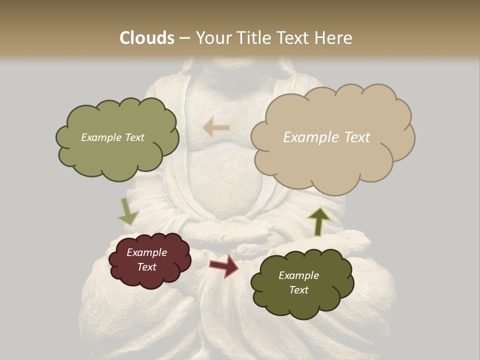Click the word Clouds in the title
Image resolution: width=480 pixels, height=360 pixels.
pyautogui.click(x=147, y=38)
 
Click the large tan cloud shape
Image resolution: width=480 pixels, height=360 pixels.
pyautogui.click(x=332, y=137)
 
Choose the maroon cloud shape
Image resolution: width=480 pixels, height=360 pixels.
pyautogui.click(x=149, y=260)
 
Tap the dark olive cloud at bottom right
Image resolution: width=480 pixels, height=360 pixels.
pyautogui.click(x=302, y=283)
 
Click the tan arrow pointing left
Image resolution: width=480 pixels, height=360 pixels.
pyautogui.click(x=216, y=127)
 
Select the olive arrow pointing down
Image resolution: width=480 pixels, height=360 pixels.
pyautogui.click(x=128, y=210)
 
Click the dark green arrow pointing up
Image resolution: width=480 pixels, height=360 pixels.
pyautogui.click(x=319, y=220)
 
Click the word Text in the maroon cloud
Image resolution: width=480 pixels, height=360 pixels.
pyautogui.click(x=147, y=267)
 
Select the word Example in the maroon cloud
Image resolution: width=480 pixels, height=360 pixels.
pyautogui.click(x=147, y=252)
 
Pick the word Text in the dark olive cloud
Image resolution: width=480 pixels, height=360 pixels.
pyautogui.click(x=298, y=290)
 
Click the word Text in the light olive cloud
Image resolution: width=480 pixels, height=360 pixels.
pyautogui.click(x=134, y=137)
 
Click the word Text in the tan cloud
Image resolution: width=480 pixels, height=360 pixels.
pyautogui.click(x=357, y=137)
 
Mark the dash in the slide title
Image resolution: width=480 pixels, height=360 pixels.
pyautogui.click(x=184, y=38)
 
